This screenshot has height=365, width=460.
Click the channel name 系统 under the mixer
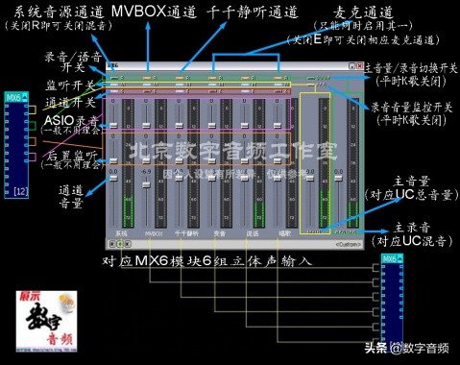(121, 232)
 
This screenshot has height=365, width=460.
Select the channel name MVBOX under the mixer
(153, 232)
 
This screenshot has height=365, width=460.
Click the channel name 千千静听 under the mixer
(186, 232)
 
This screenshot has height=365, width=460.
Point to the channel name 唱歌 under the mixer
(286, 232)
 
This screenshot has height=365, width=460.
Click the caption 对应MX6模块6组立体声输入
(207, 261)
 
